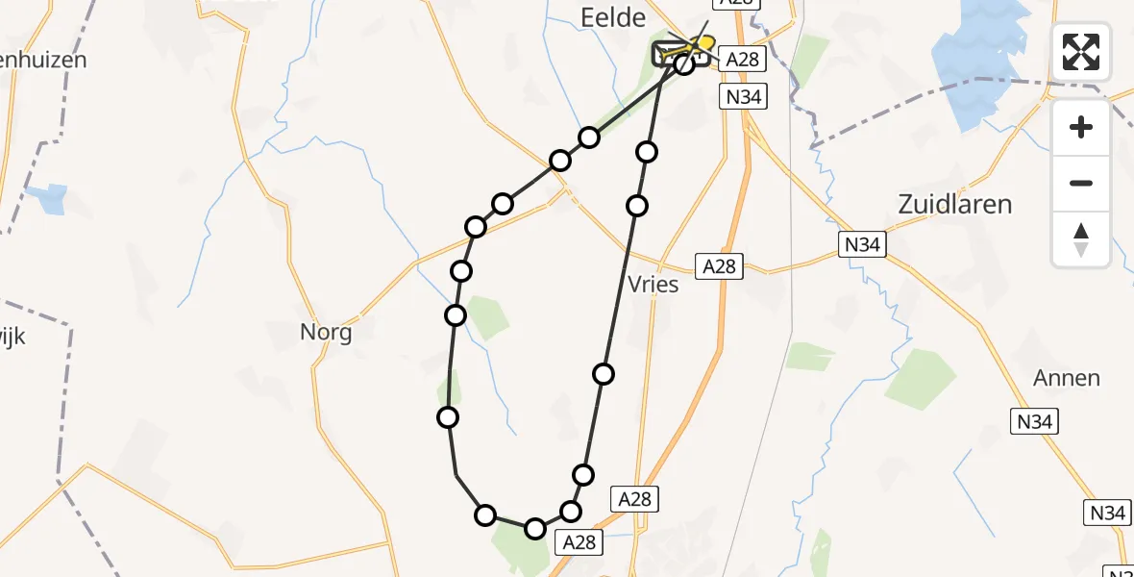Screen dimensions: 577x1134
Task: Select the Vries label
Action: pos(653,285)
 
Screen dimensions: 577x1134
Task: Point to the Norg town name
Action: pos(326,334)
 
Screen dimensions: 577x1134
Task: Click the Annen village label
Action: pos(1066,378)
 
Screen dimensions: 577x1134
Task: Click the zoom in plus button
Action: pos(1081,128)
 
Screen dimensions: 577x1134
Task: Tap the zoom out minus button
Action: pos(1081,183)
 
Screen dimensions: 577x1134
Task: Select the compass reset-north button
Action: pos(1081,239)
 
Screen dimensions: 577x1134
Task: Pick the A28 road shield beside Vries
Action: pos(719,266)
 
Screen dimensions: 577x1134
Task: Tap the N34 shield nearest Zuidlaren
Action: pos(862,244)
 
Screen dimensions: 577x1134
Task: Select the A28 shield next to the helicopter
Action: pos(742,60)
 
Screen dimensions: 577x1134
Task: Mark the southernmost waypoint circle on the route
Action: pos(534,528)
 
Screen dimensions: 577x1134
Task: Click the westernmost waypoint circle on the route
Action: pos(447,416)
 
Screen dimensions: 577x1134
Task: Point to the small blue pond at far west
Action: pos(48,198)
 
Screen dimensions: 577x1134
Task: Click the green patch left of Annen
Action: pos(920,379)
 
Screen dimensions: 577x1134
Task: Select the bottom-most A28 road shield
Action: pos(579,542)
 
